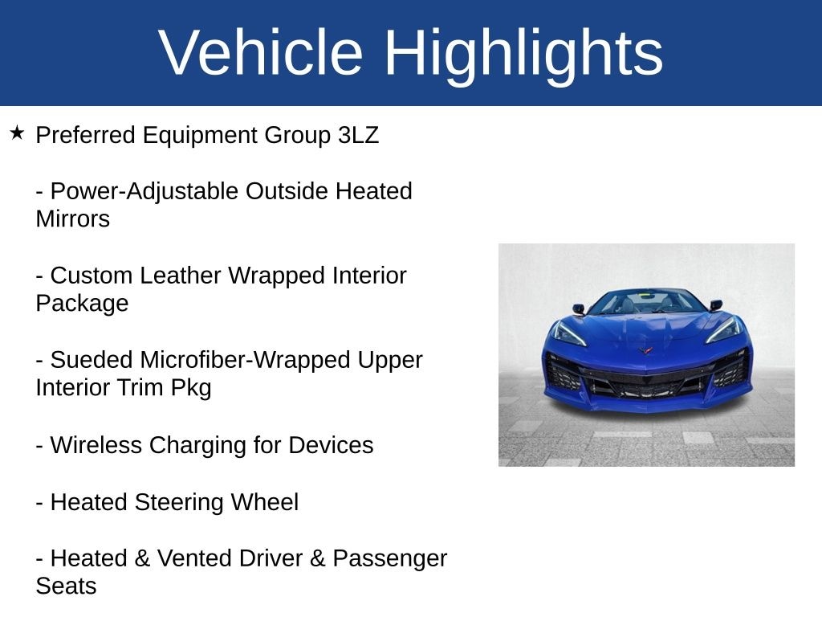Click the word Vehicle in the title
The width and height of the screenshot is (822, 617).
[x=261, y=53]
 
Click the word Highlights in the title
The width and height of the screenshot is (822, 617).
[x=523, y=53]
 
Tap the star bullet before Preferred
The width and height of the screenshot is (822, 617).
[x=18, y=133]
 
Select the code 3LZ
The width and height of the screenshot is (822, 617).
[x=358, y=135]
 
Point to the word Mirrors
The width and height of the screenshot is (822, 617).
[x=72, y=219]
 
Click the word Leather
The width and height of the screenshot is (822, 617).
[x=181, y=276]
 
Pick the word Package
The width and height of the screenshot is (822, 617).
[x=82, y=303]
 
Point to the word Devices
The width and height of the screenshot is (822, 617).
[x=331, y=445]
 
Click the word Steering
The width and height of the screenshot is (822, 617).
[x=179, y=502]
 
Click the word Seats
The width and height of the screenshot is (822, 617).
[x=66, y=586]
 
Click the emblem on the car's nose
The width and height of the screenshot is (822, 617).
[x=646, y=349]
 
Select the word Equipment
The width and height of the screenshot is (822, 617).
[x=200, y=135]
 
